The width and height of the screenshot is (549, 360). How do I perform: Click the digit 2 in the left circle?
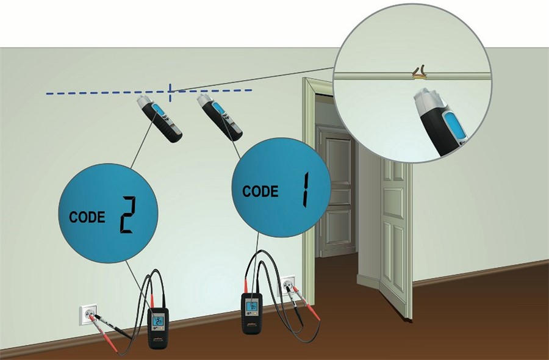click(127, 214)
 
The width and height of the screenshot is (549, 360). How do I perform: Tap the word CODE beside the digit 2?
click(87, 217)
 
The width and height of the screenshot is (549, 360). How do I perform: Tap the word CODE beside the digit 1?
click(260, 191)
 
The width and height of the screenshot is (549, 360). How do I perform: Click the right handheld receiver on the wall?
click(220, 116)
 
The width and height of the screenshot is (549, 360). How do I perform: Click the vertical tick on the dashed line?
click(171, 92)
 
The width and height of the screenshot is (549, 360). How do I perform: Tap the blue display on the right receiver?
click(218, 109)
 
